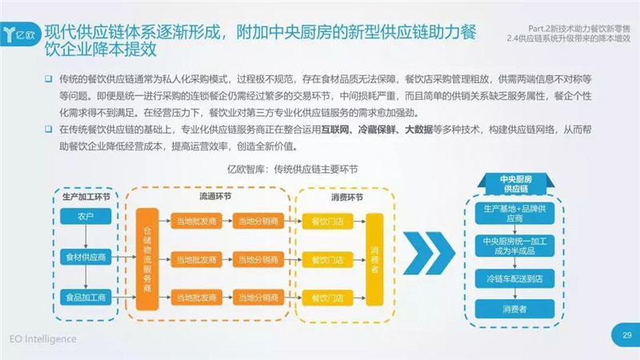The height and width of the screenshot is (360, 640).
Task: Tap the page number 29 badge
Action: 626,335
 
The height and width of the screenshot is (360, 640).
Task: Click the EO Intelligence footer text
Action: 43,339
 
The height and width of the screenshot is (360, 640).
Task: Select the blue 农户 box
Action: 86,216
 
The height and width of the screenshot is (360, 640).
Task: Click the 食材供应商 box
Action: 86,257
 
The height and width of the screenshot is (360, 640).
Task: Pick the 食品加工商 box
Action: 86,297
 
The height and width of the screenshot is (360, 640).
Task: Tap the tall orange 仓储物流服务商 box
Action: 147,259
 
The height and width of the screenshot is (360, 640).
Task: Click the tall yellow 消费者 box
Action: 374,259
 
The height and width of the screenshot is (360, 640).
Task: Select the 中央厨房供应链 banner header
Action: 516,184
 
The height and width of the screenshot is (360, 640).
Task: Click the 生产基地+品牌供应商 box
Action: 514,214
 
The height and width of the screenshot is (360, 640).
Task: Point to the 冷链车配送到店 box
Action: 514,278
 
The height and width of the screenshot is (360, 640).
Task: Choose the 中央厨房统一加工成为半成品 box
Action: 514,246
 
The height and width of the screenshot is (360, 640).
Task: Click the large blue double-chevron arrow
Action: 429,253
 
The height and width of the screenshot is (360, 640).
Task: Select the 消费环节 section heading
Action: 346,198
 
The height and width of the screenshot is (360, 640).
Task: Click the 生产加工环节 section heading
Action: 86,197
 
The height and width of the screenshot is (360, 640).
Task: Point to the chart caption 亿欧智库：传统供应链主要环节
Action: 292,169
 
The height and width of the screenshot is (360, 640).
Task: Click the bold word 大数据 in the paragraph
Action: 418,130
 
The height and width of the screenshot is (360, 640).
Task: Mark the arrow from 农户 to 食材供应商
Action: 86,237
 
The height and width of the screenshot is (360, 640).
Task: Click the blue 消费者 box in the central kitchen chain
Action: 514,309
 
